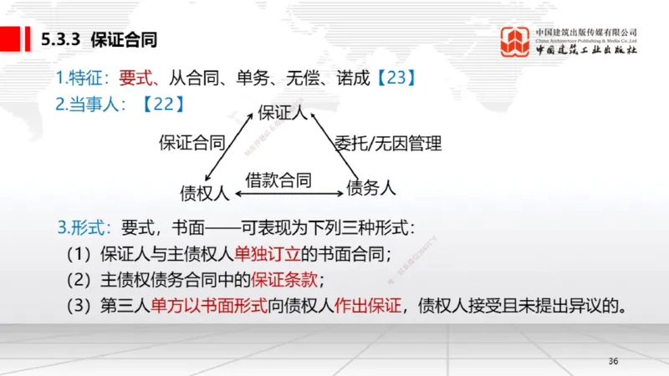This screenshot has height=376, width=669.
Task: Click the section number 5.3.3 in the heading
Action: coord(62,39)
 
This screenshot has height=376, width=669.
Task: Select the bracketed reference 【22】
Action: coord(158,104)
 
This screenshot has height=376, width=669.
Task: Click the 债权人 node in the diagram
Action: coord(205,193)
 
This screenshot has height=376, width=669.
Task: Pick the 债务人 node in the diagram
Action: coord(370,188)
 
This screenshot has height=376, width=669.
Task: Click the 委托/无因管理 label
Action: coord(387,143)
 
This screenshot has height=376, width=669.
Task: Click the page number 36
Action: coord(613,361)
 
